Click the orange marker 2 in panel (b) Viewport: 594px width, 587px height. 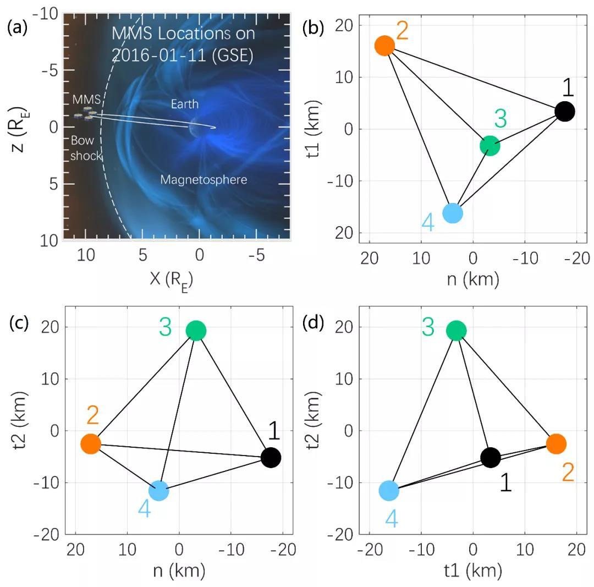tap(384, 46)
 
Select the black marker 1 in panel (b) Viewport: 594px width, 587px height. tap(565, 111)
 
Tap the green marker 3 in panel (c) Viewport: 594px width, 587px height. tap(196, 331)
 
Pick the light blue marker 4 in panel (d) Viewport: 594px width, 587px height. tap(389, 491)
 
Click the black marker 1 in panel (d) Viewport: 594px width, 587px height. tap(490, 457)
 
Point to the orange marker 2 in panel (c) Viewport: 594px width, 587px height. tap(91, 444)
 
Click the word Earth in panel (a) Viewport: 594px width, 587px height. tap(184, 104)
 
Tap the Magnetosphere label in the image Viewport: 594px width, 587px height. tap(204, 179)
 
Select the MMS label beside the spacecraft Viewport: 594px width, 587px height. tap(86, 100)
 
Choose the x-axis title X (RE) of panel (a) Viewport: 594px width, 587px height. tap(172, 280)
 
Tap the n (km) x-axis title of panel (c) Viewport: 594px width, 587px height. tap(179, 570)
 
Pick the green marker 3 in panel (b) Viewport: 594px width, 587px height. tap(490, 146)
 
